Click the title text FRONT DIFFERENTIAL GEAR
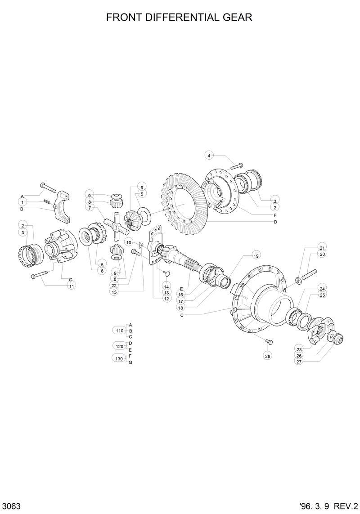point(179,18)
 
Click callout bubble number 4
point(209,156)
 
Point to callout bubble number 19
point(256,256)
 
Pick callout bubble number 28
point(268,356)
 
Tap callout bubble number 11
point(71,286)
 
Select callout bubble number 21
point(322,248)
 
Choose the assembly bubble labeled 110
point(119,331)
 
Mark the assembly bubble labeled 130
point(119,358)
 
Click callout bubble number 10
point(129,243)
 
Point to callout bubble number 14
point(166,286)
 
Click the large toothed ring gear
point(180,205)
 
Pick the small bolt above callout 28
point(268,342)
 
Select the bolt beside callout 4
point(236,166)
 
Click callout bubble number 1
point(22,203)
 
